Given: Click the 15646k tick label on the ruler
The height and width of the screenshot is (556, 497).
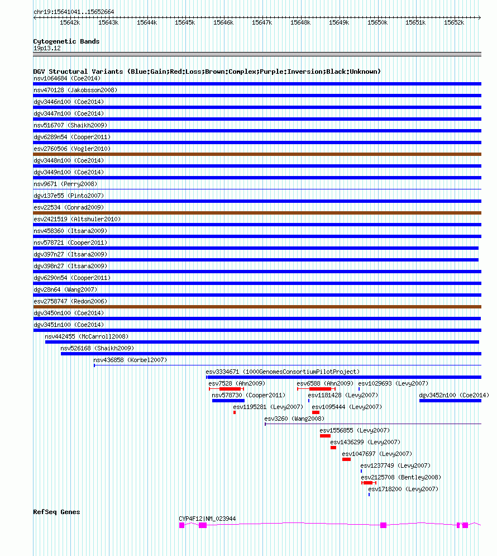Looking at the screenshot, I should coord(223,22).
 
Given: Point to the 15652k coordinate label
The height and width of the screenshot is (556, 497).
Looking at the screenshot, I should coord(454,22).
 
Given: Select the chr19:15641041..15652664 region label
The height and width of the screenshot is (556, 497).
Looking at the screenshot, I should coord(74,12).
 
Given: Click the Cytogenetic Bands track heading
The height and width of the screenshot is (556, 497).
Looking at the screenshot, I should coord(66,41).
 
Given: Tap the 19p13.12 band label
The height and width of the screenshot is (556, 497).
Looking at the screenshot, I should coord(47,48).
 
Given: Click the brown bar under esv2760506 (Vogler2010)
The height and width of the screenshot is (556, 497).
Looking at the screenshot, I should coord(257,154).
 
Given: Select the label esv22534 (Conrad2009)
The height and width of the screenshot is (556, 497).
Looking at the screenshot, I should coord(69,207).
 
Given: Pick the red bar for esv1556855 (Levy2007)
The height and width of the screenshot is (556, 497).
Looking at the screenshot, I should coord(325,436).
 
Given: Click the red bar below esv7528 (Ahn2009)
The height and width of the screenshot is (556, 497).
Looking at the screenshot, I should coord(230,389).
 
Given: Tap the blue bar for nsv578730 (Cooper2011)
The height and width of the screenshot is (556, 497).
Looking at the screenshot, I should coord(228,401).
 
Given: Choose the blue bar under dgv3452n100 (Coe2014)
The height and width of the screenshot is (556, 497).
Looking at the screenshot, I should coord(450,401).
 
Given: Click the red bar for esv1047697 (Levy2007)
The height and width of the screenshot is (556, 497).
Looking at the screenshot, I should coord(346,459).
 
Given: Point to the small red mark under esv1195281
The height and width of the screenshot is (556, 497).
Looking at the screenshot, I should coord(235,412).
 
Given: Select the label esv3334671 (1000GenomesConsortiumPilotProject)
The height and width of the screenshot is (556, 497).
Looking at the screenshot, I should coord(283,372).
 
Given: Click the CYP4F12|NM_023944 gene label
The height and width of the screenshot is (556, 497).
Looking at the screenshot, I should coord(207,519).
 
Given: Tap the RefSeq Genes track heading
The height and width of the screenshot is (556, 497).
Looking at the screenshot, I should coord(56,512).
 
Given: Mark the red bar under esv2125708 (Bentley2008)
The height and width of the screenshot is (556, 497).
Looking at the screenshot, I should coord(368,483).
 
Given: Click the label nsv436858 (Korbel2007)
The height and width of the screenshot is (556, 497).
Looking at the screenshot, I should coord(130,360).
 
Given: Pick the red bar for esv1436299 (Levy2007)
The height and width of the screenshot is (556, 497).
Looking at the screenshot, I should coord(333,448).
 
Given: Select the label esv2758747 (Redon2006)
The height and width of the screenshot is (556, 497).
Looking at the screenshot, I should coord(70,301).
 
